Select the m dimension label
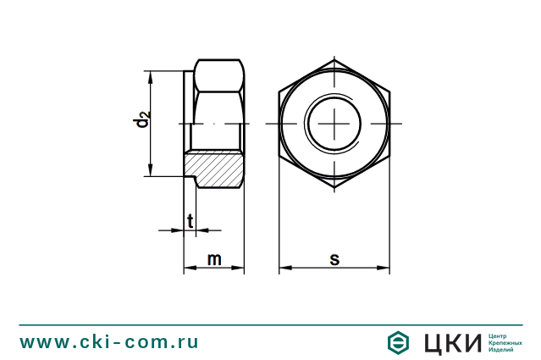click(x=214, y=259)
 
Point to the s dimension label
click(x=334, y=259)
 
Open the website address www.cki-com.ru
click(x=109, y=342)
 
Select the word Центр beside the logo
click(x=500, y=335)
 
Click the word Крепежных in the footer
click(x=505, y=342)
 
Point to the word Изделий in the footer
click(x=502, y=350)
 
